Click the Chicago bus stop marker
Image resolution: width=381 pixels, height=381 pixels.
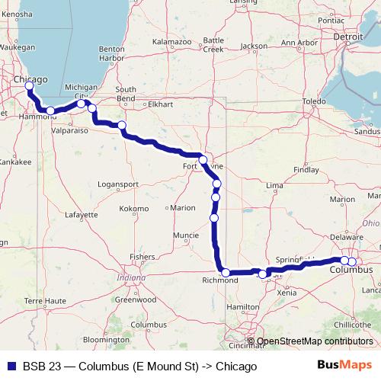pyautogui.click(x=29, y=85)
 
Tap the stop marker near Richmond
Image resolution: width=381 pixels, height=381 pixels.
pyautogui.click(x=226, y=272)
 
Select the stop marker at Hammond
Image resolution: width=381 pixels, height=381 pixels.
pyautogui.click(x=50, y=110)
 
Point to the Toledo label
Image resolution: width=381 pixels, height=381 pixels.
pyautogui.click(x=314, y=101)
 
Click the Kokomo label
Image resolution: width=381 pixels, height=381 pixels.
pyautogui.click(x=134, y=208)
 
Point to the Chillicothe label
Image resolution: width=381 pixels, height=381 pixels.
pyautogui.click(x=352, y=325)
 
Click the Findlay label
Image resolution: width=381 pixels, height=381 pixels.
pyautogui.click(x=307, y=170)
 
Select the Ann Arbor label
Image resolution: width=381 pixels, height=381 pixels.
pyautogui.click(x=298, y=43)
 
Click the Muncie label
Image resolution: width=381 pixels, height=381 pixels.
pyautogui.click(x=186, y=235)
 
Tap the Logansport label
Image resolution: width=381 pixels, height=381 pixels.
pyautogui.click(x=119, y=185)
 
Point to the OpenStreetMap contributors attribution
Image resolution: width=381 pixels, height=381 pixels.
pyautogui.click(x=314, y=341)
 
